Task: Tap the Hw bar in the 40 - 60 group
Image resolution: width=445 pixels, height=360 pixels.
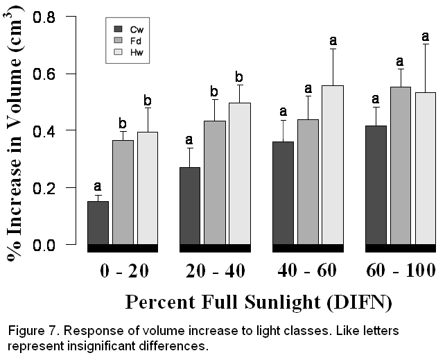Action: point(331,164)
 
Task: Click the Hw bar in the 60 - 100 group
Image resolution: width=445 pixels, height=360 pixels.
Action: point(425,168)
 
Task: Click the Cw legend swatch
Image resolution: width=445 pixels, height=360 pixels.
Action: point(118,29)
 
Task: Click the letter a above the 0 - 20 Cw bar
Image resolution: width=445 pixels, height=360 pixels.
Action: point(98,186)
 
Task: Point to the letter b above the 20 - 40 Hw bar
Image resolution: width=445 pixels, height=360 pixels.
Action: point(239,76)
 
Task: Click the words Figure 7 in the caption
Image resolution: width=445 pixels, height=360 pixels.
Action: point(31,330)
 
